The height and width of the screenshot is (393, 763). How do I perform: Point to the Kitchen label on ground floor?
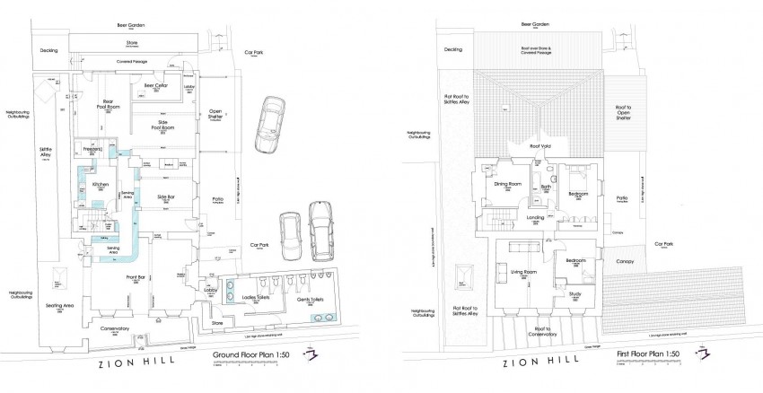[x=101, y=185]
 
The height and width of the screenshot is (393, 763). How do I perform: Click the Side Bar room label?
[x=165, y=196]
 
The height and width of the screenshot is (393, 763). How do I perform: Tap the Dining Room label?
[x=508, y=184]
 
